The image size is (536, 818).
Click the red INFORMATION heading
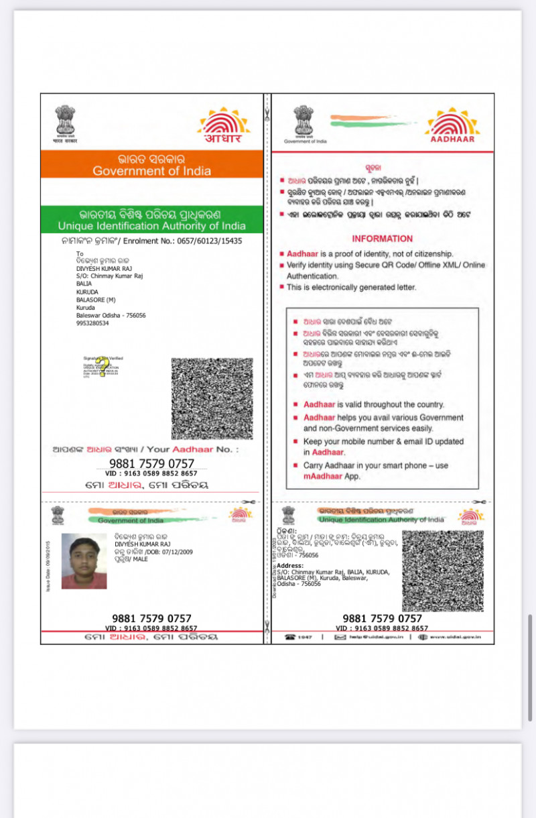click(x=382, y=239)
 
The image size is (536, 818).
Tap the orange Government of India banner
click(x=151, y=164)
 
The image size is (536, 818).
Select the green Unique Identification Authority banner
click(x=151, y=220)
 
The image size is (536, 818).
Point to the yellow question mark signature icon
click(x=103, y=368)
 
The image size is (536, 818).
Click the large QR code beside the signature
click(x=212, y=398)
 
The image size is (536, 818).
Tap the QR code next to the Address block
click(x=442, y=571)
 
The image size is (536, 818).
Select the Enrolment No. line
click(x=151, y=240)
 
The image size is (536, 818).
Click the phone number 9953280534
click(x=92, y=323)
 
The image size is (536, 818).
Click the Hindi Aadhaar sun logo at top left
click(x=223, y=125)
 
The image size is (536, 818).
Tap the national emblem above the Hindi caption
click(x=65, y=120)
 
